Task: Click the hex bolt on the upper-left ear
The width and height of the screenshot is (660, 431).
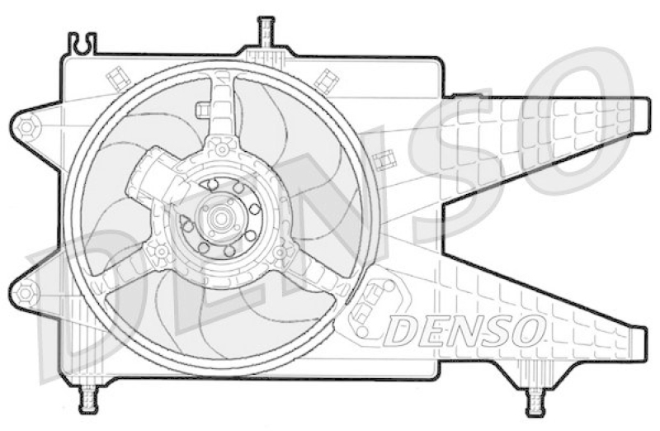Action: pos(26,127)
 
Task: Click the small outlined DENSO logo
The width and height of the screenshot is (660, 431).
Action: pos(465,330)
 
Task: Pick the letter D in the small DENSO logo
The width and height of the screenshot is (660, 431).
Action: pos(403,331)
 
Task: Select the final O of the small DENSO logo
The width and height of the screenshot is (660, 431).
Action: pos(528,330)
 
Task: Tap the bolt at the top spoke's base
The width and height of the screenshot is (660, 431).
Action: pos(221,149)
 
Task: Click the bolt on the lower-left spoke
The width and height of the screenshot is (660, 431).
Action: pos(162,251)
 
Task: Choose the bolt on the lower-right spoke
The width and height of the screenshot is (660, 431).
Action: pos(280,251)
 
